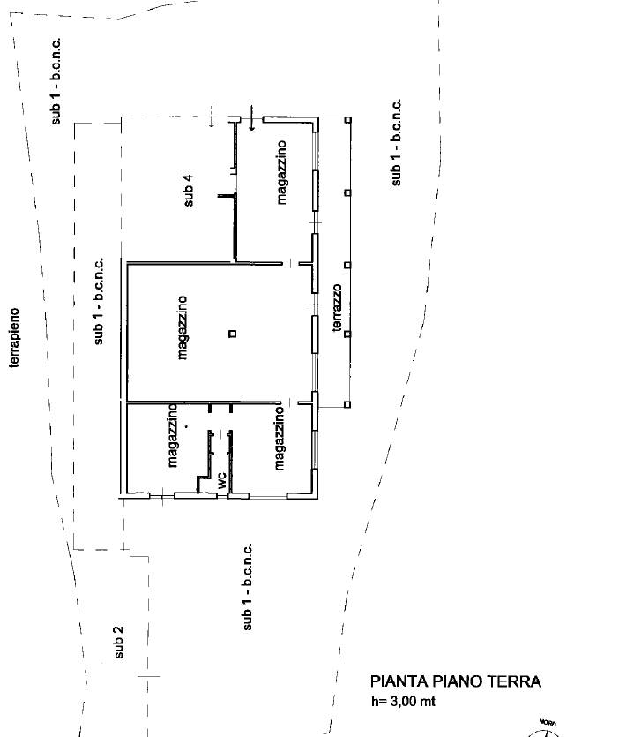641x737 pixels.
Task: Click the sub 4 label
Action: point(188,191)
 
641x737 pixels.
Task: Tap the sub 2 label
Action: point(118,642)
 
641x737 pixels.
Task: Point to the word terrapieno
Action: point(15,337)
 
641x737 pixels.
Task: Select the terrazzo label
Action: point(337,308)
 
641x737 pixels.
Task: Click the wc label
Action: point(221,480)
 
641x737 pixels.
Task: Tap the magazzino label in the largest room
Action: point(183,327)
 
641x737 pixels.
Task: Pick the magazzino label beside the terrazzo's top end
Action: point(281,172)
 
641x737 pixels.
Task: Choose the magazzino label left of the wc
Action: point(173,436)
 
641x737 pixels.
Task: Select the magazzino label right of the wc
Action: point(279,439)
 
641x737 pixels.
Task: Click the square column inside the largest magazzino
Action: point(233,334)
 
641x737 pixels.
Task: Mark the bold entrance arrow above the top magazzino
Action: point(252,117)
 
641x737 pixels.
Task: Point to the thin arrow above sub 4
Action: point(212,116)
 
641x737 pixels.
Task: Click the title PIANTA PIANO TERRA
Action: point(456,681)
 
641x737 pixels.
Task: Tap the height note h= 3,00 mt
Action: point(404,702)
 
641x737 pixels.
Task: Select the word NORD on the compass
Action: point(548,723)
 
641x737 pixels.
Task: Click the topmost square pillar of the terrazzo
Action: point(348,120)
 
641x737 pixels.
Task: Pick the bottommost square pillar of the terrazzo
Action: point(347,405)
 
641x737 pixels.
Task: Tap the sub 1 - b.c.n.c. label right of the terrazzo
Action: point(397,142)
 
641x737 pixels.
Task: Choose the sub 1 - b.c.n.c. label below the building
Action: point(247,587)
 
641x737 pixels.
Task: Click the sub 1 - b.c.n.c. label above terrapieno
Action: point(56,81)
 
